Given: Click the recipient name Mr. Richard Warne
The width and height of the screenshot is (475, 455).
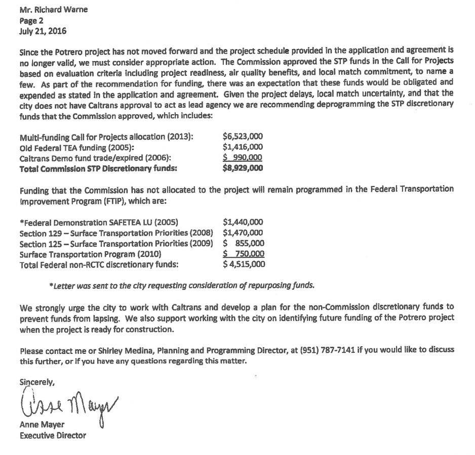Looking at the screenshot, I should click(x=53, y=10).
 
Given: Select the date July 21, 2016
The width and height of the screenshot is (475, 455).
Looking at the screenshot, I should click(x=43, y=31).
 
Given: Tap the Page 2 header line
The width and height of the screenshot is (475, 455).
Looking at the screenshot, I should click(x=32, y=20).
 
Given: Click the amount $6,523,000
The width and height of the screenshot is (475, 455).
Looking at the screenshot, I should click(x=243, y=136).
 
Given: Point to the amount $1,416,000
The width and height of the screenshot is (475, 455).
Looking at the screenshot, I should click(x=243, y=147).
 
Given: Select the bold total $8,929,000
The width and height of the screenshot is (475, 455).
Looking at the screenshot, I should click(x=243, y=168).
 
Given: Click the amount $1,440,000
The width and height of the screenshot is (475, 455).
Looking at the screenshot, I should click(x=243, y=222).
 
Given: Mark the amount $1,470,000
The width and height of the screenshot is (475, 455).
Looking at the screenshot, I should click(x=243, y=233).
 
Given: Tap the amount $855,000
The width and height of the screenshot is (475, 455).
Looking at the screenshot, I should click(x=244, y=243).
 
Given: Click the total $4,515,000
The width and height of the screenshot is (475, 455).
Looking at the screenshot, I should click(x=244, y=264).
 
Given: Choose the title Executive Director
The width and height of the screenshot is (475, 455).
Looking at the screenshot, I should click(x=53, y=435).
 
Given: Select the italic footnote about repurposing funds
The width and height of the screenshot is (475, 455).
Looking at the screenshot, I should click(x=182, y=285).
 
